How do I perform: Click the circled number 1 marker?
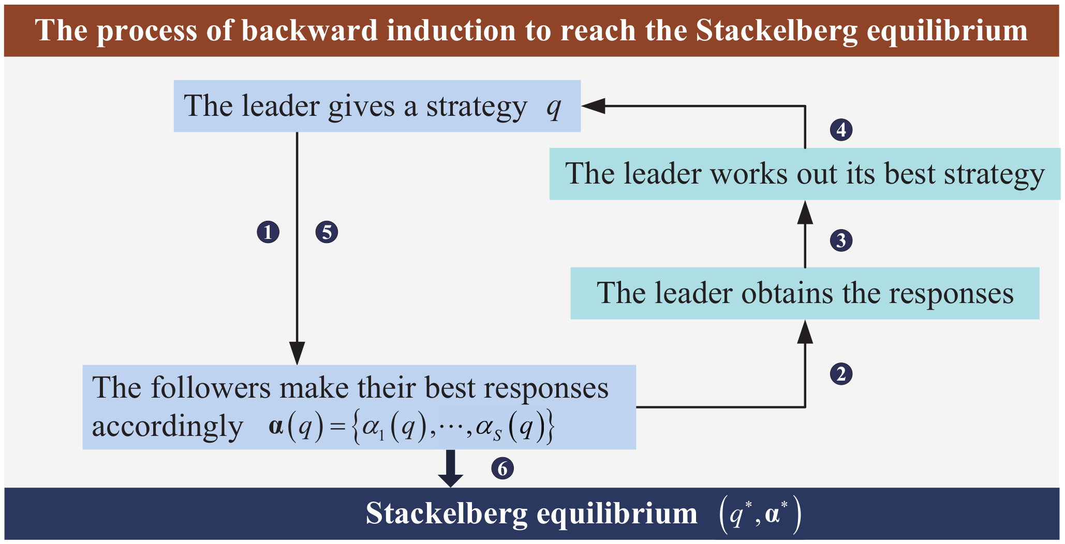pos(268,232)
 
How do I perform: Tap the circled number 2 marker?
pos(841,374)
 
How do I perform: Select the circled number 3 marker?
pos(841,240)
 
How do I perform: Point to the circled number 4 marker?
pos(841,129)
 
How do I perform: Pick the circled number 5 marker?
pos(327,232)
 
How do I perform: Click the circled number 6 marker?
pos(502,469)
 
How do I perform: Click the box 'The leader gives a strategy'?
pos(377,106)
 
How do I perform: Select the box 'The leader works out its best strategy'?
pos(805,174)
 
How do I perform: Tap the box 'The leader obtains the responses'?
pos(805,293)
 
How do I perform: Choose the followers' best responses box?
pos(359,407)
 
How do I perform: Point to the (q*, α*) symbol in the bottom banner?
pos(760,515)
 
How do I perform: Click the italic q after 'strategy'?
pos(554,108)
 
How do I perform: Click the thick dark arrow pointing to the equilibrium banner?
pos(451,469)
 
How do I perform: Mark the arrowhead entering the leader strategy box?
pos(593,106)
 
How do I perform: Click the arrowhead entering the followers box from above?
pos(297,353)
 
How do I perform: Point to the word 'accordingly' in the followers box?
pos(167,427)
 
